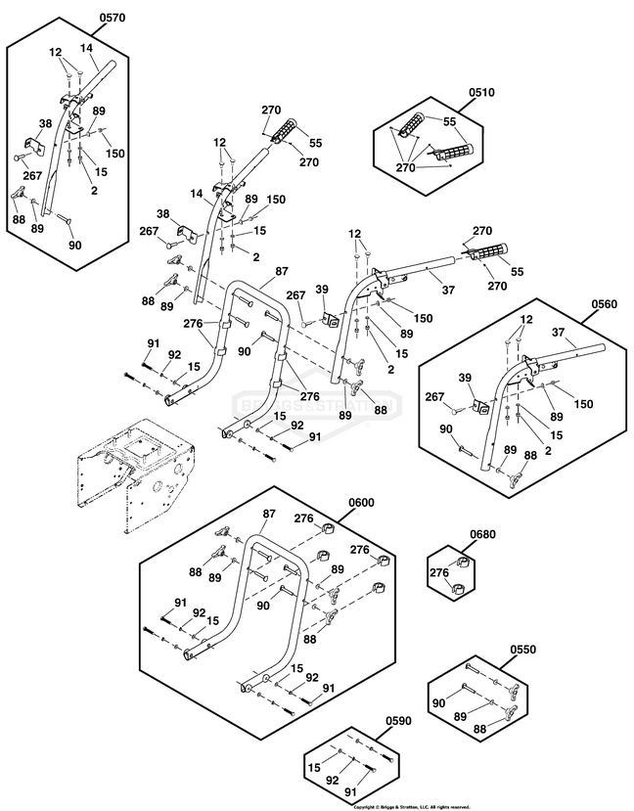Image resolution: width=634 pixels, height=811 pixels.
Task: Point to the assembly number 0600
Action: click(362, 503)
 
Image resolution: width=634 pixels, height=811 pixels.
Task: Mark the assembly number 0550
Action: click(523, 651)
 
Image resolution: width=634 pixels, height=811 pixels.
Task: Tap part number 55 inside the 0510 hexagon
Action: click(450, 121)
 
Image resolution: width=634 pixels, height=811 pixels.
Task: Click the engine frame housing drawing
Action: click(137, 474)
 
